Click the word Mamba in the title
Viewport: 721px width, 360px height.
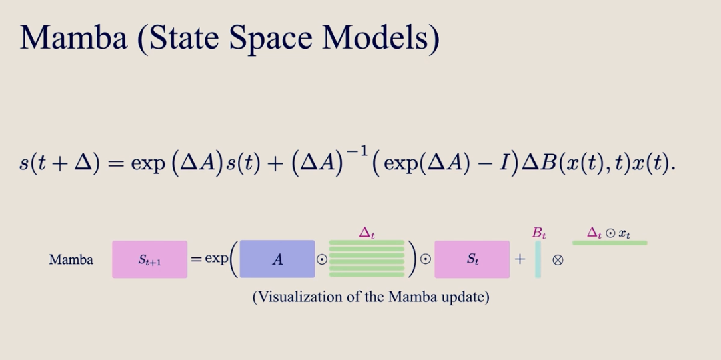73,38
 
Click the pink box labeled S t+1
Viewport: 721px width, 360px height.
150,259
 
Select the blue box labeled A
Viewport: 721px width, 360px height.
277,259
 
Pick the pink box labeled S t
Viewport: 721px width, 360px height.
472,259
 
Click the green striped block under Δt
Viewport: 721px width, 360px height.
367,259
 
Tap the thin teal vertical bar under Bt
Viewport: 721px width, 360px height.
538,259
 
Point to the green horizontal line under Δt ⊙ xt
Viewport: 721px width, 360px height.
610,243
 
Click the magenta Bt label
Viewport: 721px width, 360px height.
538,233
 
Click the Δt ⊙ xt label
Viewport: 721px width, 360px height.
608,233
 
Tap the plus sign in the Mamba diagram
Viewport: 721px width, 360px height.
520,259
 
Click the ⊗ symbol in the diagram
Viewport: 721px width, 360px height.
558,260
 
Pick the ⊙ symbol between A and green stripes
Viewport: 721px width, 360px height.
322,260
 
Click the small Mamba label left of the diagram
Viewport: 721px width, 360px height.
71,260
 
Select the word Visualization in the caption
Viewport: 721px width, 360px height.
303,297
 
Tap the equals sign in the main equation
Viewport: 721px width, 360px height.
115,165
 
